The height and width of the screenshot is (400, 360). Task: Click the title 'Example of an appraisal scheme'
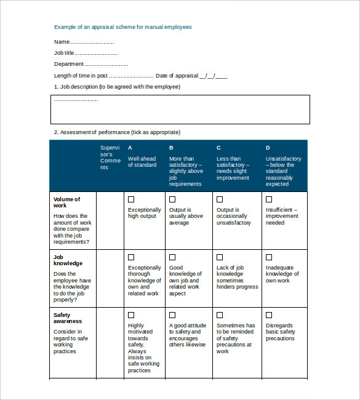122,27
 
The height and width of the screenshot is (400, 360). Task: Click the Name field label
62,42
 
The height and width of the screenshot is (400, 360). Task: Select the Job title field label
64,53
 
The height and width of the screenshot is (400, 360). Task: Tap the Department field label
68,64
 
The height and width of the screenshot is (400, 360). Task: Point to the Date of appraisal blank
213,76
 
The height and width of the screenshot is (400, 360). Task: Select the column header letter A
130,148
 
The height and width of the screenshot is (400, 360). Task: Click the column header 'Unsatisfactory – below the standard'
283,166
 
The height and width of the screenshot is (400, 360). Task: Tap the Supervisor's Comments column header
111,158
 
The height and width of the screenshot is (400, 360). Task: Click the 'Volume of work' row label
66,202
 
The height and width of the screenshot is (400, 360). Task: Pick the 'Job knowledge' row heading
68,260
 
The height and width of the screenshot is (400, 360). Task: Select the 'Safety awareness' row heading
68,318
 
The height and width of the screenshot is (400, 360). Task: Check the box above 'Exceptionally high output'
131,199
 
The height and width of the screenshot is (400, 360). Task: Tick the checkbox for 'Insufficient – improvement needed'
268,199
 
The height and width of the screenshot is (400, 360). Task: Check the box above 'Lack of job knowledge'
220,257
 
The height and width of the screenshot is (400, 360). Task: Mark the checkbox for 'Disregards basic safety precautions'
268,315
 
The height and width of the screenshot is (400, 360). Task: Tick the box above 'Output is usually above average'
172,199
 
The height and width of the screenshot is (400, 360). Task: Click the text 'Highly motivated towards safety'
138,335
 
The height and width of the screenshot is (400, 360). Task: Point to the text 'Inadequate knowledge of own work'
282,274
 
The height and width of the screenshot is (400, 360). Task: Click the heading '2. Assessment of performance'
117,132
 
